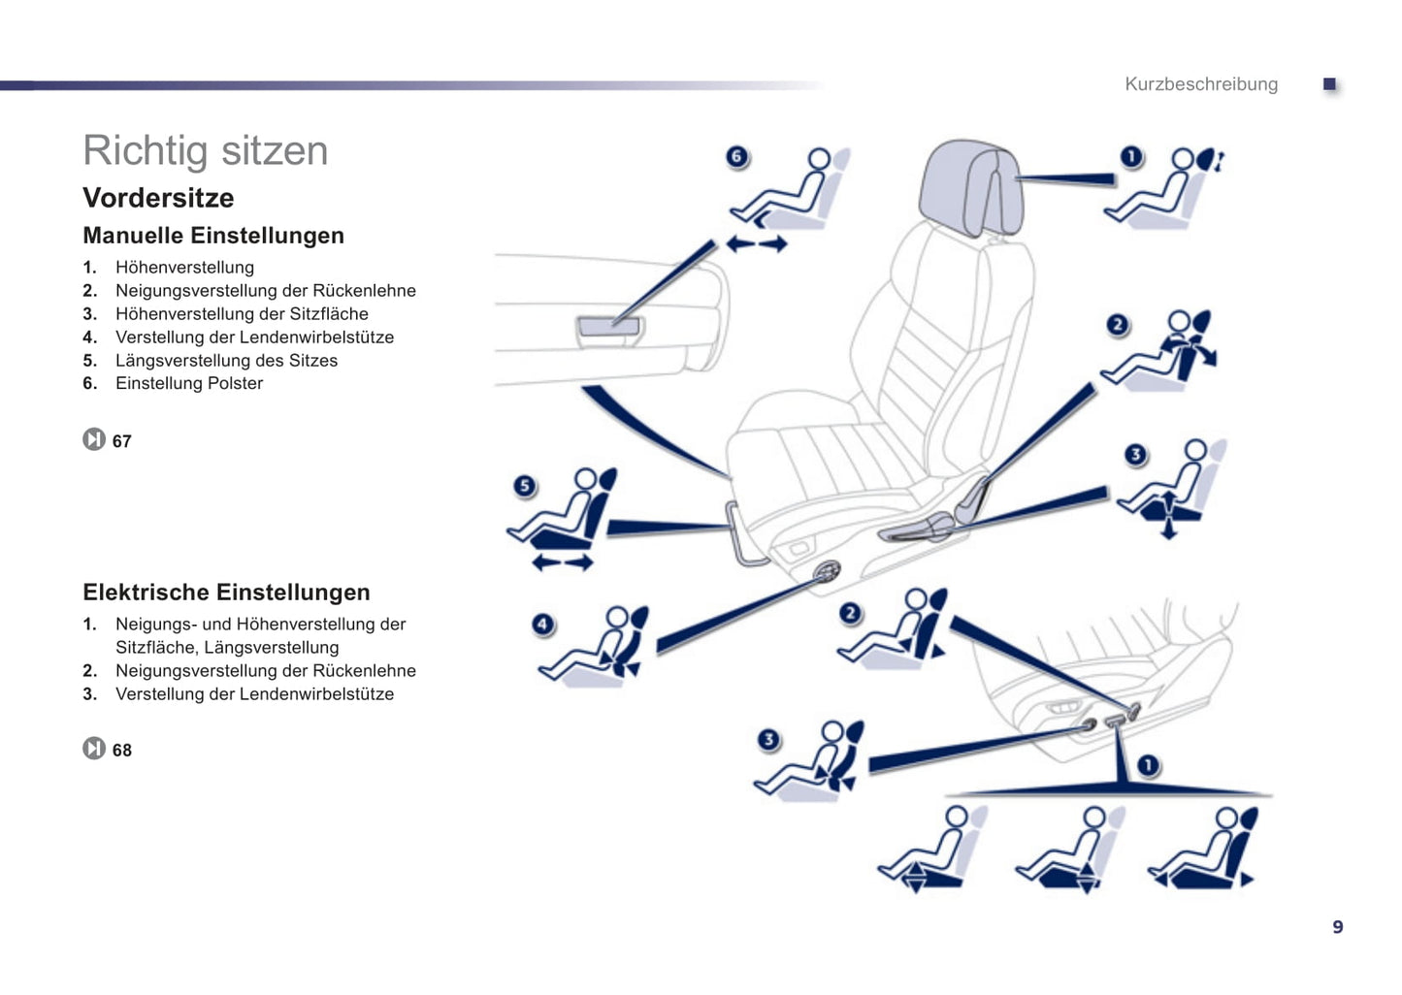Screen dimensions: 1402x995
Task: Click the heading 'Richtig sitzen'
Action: (206, 151)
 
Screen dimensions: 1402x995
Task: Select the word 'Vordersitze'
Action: (158, 198)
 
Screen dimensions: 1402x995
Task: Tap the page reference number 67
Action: (122, 442)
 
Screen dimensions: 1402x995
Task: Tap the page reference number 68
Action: (122, 751)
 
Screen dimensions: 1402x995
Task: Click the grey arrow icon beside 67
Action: (94, 439)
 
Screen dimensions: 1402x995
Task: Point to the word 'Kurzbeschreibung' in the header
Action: (1201, 83)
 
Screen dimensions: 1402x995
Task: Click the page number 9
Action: (1338, 927)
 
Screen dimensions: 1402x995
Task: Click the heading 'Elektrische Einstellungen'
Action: (227, 592)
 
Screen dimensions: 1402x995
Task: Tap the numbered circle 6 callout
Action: (737, 156)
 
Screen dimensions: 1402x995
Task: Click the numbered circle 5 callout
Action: (525, 486)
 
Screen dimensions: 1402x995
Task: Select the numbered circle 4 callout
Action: (542, 624)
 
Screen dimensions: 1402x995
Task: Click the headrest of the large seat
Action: (970, 188)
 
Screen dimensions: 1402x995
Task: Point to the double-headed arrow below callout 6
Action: (757, 243)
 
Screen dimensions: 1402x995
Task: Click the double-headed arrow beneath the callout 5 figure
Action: (562, 563)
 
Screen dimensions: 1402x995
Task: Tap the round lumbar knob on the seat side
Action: (827, 570)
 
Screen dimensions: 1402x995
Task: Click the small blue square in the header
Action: (1329, 83)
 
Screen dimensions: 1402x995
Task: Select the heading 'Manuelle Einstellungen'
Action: (213, 236)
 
